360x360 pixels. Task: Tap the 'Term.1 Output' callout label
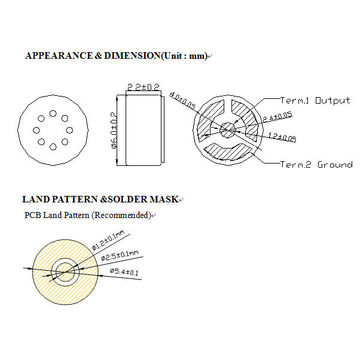pyautogui.click(x=315, y=101)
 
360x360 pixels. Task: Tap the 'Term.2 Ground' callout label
pyautogui.click(x=317, y=163)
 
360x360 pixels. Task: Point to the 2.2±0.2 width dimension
pyautogui.click(x=137, y=88)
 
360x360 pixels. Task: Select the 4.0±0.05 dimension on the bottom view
pyautogui.click(x=183, y=99)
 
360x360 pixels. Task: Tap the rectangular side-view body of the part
pyautogui.click(x=137, y=130)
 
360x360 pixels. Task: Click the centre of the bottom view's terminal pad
pyautogui.click(x=228, y=130)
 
